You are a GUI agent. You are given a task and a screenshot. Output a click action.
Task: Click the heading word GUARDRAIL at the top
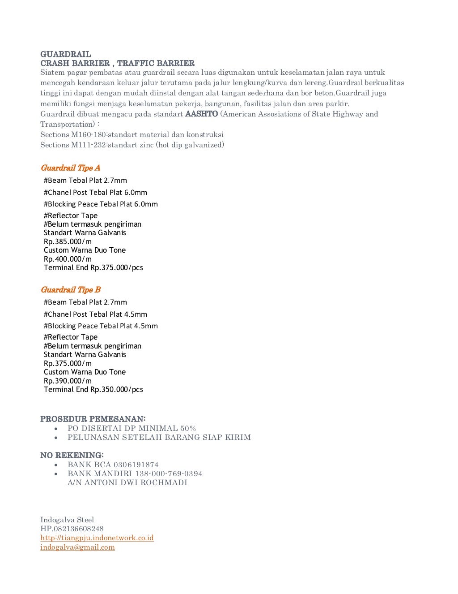click(x=66, y=54)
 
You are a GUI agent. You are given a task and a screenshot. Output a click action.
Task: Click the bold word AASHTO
click(x=201, y=114)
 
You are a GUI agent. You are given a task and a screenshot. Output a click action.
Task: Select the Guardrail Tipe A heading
click(x=70, y=168)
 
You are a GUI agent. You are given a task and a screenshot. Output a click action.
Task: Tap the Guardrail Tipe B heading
click(x=71, y=290)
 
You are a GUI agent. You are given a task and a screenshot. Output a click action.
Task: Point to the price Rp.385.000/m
click(x=68, y=241)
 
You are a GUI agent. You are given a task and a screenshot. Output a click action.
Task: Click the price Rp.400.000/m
click(x=68, y=259)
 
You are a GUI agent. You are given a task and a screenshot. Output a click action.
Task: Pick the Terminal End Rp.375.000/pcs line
click(x=93, y=267)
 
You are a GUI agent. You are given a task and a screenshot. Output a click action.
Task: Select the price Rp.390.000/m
click(x=68, y=381)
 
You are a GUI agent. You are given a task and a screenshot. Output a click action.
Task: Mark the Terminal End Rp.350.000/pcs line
click(x=93, y=389)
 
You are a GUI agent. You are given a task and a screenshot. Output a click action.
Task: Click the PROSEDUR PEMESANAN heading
click(x=93, y=419)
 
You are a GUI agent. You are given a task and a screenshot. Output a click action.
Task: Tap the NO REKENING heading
click(x=72, y=455)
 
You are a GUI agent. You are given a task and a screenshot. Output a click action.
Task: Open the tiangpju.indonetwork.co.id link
click(x=97, y=538)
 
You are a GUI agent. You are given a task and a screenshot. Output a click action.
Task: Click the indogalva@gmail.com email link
click(x=77, y=547)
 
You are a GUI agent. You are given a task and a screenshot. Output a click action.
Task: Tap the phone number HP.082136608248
click(x=72, y=529)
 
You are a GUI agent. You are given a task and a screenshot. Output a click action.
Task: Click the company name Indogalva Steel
click(x=67, y=520)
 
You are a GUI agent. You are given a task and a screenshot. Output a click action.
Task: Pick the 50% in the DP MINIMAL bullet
click(x=188, y=428)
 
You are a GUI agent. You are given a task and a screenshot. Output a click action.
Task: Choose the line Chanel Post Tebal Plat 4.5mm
click(x=95, y=314)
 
